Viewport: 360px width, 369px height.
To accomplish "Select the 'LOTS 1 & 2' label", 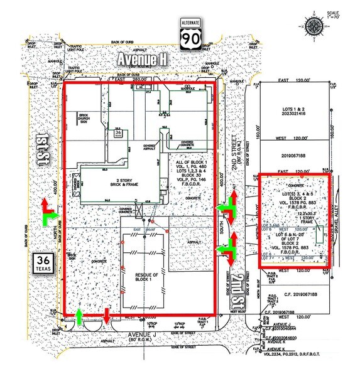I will pyautogui.click(x=292, y=110).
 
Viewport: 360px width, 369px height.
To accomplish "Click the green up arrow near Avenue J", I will pyautogui.click(x=80, y=317).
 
